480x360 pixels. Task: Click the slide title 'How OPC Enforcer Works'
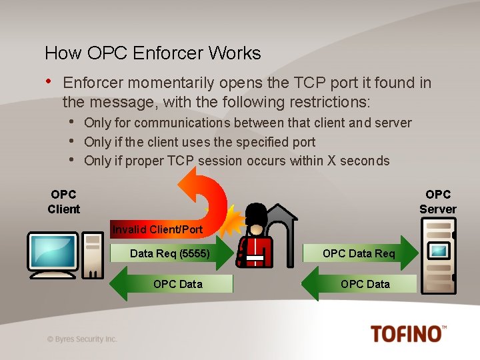point(153,53)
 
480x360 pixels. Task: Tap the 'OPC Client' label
point(63,201)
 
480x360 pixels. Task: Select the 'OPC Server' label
point(437,201)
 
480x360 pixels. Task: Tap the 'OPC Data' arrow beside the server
point(361,284)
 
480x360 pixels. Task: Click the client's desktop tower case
point(93,255)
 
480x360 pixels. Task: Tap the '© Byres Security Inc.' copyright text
point(82,339)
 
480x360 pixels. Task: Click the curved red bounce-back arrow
point(205,190)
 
